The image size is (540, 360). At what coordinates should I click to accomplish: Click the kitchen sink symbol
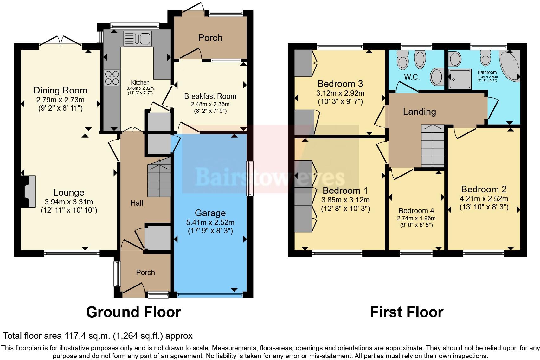(138, 39)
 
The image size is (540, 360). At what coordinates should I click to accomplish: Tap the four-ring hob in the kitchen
(112, 78)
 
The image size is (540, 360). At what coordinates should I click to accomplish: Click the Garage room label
(210, 213)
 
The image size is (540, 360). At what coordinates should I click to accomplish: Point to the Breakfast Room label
(210, 96)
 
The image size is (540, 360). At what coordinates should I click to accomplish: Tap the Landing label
(419, 112)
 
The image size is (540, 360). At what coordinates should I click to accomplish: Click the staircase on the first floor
(433, 146)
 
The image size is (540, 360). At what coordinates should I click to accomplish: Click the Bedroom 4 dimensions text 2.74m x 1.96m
(416, 218)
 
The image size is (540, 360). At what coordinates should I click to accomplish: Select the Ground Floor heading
(133, 312)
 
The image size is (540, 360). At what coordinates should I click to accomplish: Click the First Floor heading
(407, 312)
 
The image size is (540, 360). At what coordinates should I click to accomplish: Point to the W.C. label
(412, 77)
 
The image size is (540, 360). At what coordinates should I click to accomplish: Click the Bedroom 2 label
(484, 189)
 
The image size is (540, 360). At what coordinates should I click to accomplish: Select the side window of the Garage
(250, 178)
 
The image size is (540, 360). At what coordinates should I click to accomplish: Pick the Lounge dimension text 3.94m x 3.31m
(69, 202)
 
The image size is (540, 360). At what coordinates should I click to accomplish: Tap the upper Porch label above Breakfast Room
(210, 38)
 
